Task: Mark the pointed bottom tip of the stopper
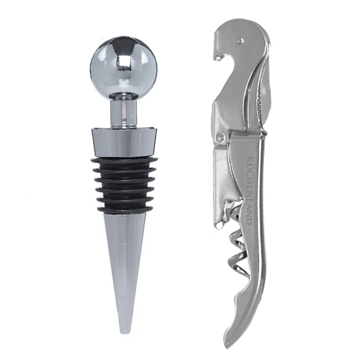(125, 332)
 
